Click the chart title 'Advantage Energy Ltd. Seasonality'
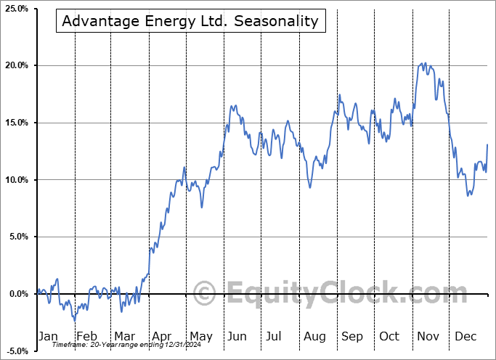190,21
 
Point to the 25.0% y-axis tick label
15,9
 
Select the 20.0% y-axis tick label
15,65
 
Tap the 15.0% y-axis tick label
15,123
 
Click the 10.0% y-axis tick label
15,180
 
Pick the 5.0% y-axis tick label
16,237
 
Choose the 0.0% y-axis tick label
16,294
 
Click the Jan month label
47,336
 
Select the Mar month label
124,336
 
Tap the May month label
201,336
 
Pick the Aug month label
315,336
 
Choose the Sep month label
353,336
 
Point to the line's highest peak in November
424,63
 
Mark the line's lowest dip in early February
74,320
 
